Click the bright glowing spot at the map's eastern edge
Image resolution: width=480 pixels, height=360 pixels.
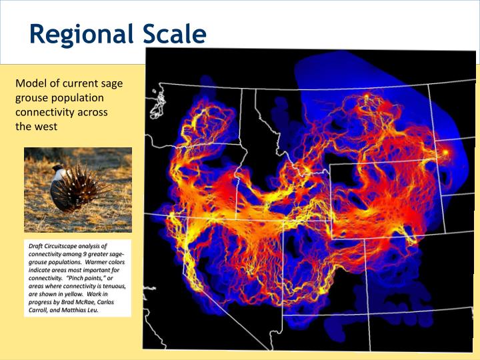pyautogui.click(x=445, y=152)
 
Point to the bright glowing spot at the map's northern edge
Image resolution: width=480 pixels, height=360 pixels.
pyautogui.click(x=365, y=98)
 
